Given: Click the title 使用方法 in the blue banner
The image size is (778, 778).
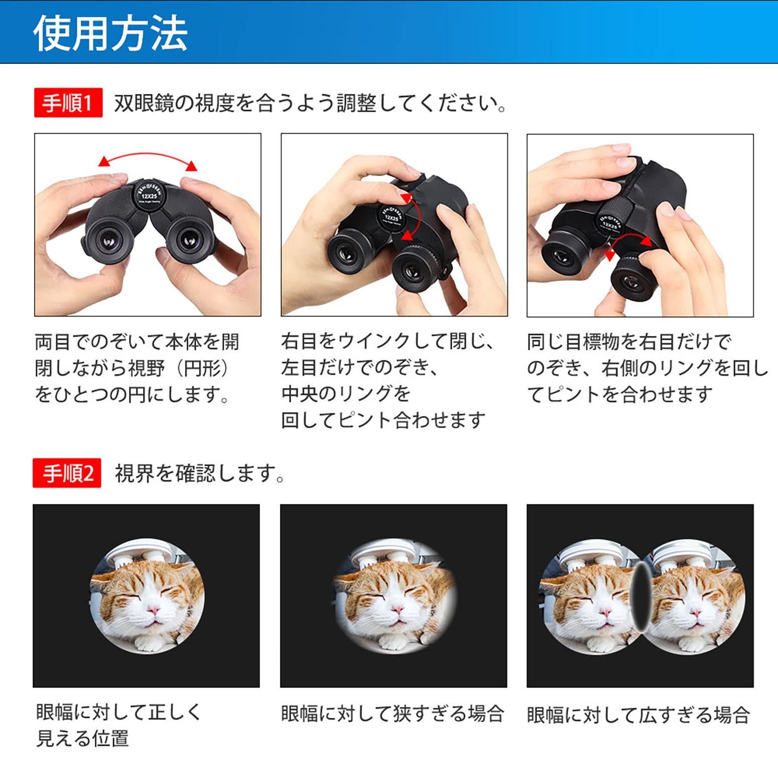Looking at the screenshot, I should (110, 33).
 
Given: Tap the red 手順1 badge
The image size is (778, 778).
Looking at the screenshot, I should (68, 103).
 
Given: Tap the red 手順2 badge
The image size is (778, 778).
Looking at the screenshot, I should (67, 473).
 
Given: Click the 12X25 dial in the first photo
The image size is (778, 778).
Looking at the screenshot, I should (149, 194).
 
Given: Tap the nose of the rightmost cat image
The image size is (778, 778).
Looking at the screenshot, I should (695, 611).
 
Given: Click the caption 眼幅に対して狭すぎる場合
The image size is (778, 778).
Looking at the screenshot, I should (392, 713).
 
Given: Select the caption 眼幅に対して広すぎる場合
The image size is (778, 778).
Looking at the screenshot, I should (638, 715).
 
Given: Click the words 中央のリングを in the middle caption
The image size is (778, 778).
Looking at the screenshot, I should (346, 394).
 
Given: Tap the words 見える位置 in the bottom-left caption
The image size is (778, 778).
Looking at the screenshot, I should (82, 738).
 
